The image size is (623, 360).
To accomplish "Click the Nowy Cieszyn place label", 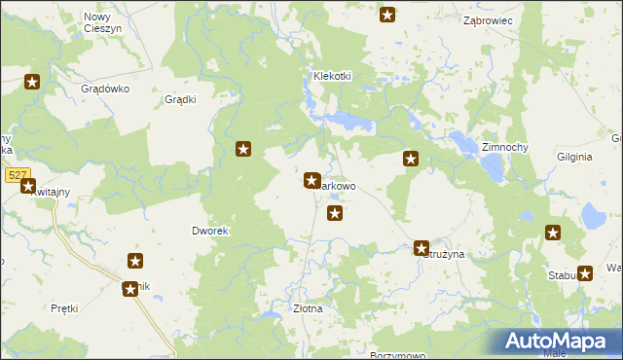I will (x=97, y=22).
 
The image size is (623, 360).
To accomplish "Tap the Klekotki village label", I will (x=331, y=76).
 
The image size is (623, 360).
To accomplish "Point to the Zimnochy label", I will (x=504, y=146).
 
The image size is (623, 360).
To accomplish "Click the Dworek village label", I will (x=209, y=231).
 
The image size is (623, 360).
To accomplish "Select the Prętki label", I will (x=64, y=308).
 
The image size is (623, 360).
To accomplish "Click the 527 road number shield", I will (x=16, y=175).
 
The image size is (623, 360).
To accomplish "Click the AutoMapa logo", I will (x=555, y=342).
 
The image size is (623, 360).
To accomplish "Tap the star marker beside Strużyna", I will (x=421, y=248).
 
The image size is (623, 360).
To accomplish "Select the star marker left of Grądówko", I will (x=31, y=83).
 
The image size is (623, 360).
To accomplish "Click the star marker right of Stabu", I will (x=585, y=273).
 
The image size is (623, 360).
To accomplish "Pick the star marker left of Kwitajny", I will (x=27, y=186).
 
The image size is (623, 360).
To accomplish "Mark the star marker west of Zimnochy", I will (x=412, y=159).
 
